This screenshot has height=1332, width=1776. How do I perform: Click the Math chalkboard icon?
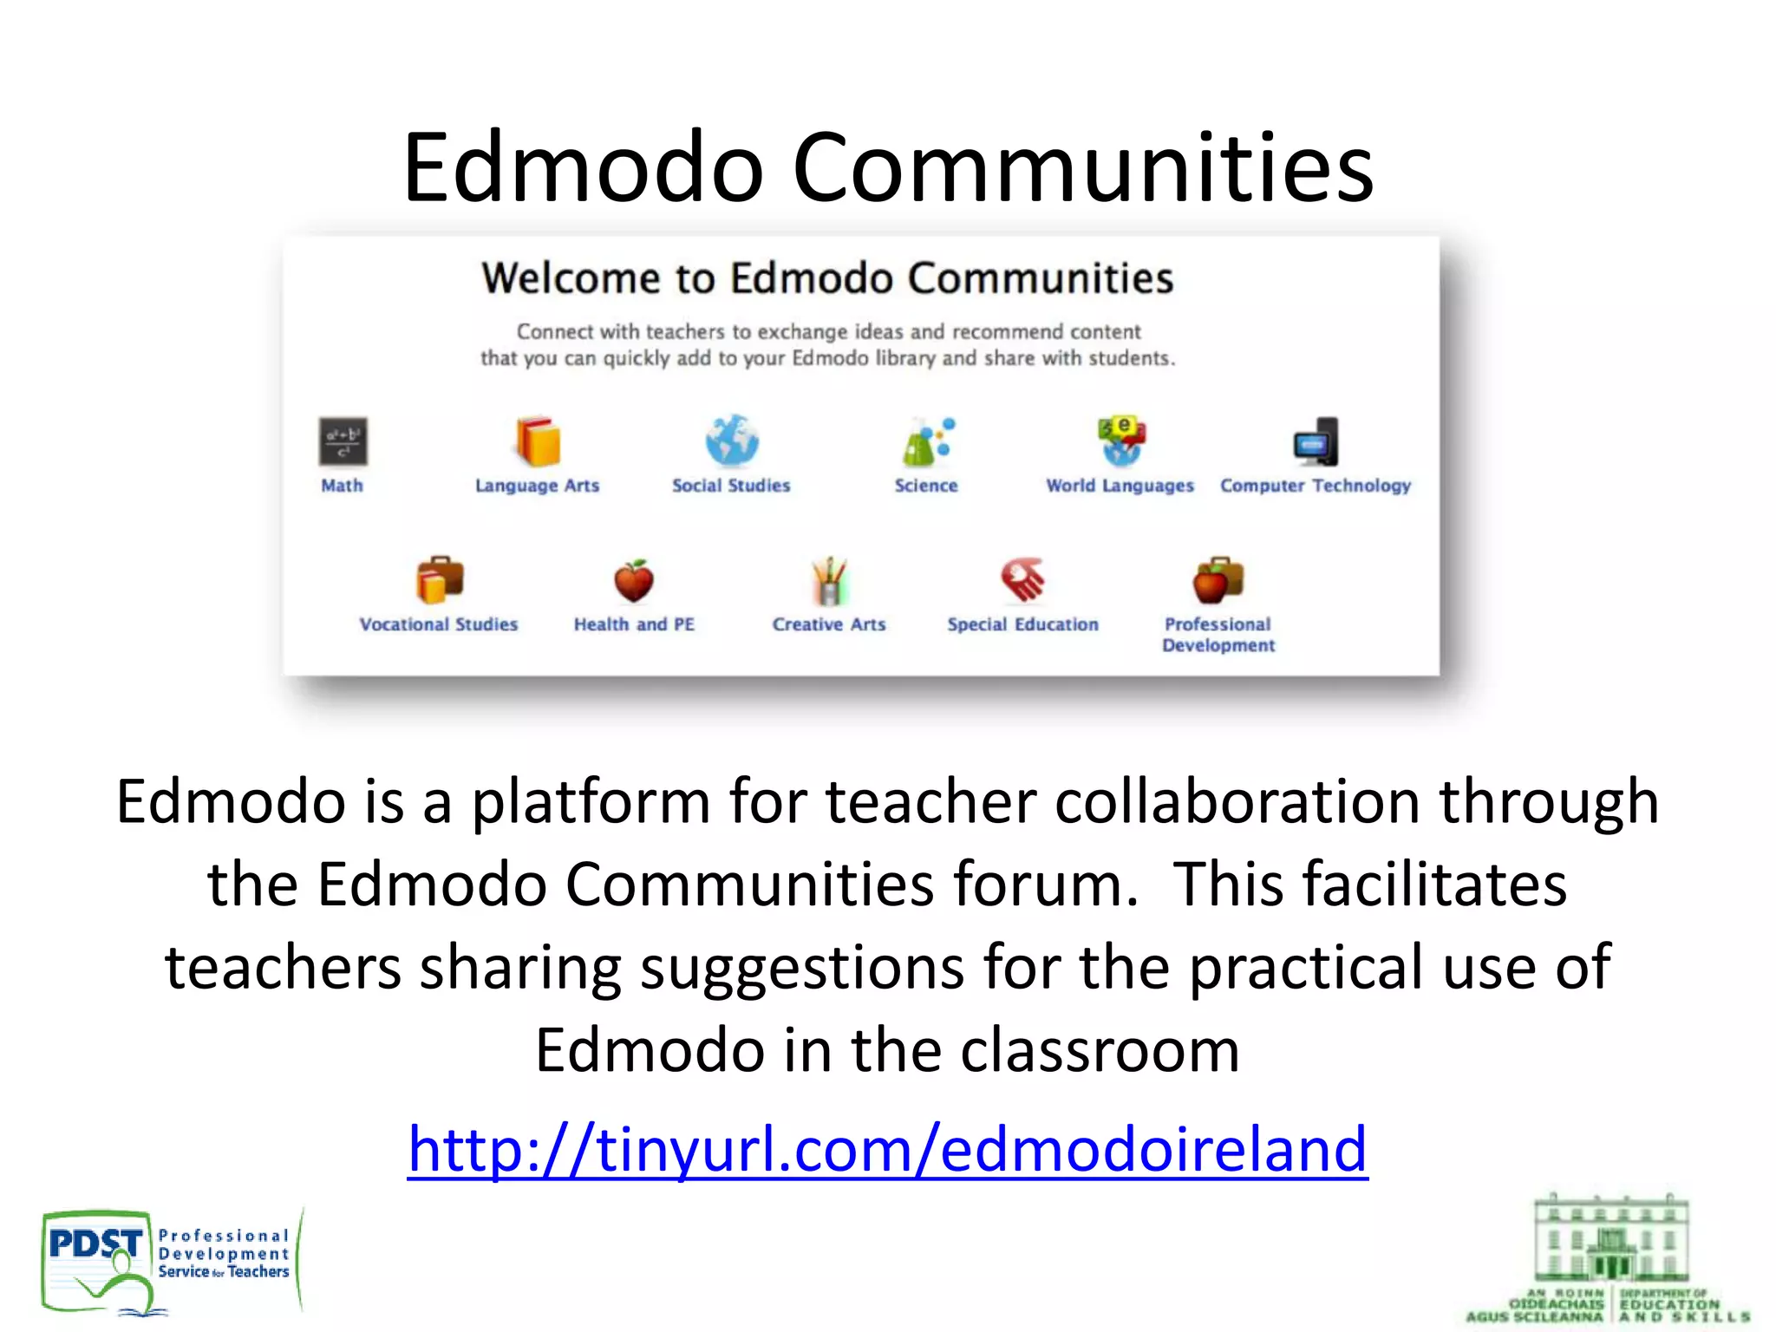(343, 441)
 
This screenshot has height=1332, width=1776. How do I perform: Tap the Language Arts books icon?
(538, 441)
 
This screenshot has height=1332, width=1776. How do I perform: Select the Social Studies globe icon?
(732, 441)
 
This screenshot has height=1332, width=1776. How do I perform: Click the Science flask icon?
(926, 441)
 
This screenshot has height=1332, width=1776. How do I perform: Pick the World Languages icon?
(1121, 440)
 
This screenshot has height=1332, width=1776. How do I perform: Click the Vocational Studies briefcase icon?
(440, 580)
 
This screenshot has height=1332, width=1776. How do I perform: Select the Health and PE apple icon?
(634, 580)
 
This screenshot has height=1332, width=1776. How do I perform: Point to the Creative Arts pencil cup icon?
(829, 580)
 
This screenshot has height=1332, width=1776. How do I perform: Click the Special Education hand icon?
(1023, 579)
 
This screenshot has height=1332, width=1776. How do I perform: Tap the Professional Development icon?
(1218, 580)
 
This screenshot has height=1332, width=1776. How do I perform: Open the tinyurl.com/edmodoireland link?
(887, 1148)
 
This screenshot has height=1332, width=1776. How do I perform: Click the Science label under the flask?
(926, 486)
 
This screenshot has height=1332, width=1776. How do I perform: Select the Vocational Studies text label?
(439, 624)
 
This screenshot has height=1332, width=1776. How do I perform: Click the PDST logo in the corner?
(169, 1262)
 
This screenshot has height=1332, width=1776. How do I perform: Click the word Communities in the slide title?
(1083, 166)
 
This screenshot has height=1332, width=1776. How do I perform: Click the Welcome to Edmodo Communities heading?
(827, 278)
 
